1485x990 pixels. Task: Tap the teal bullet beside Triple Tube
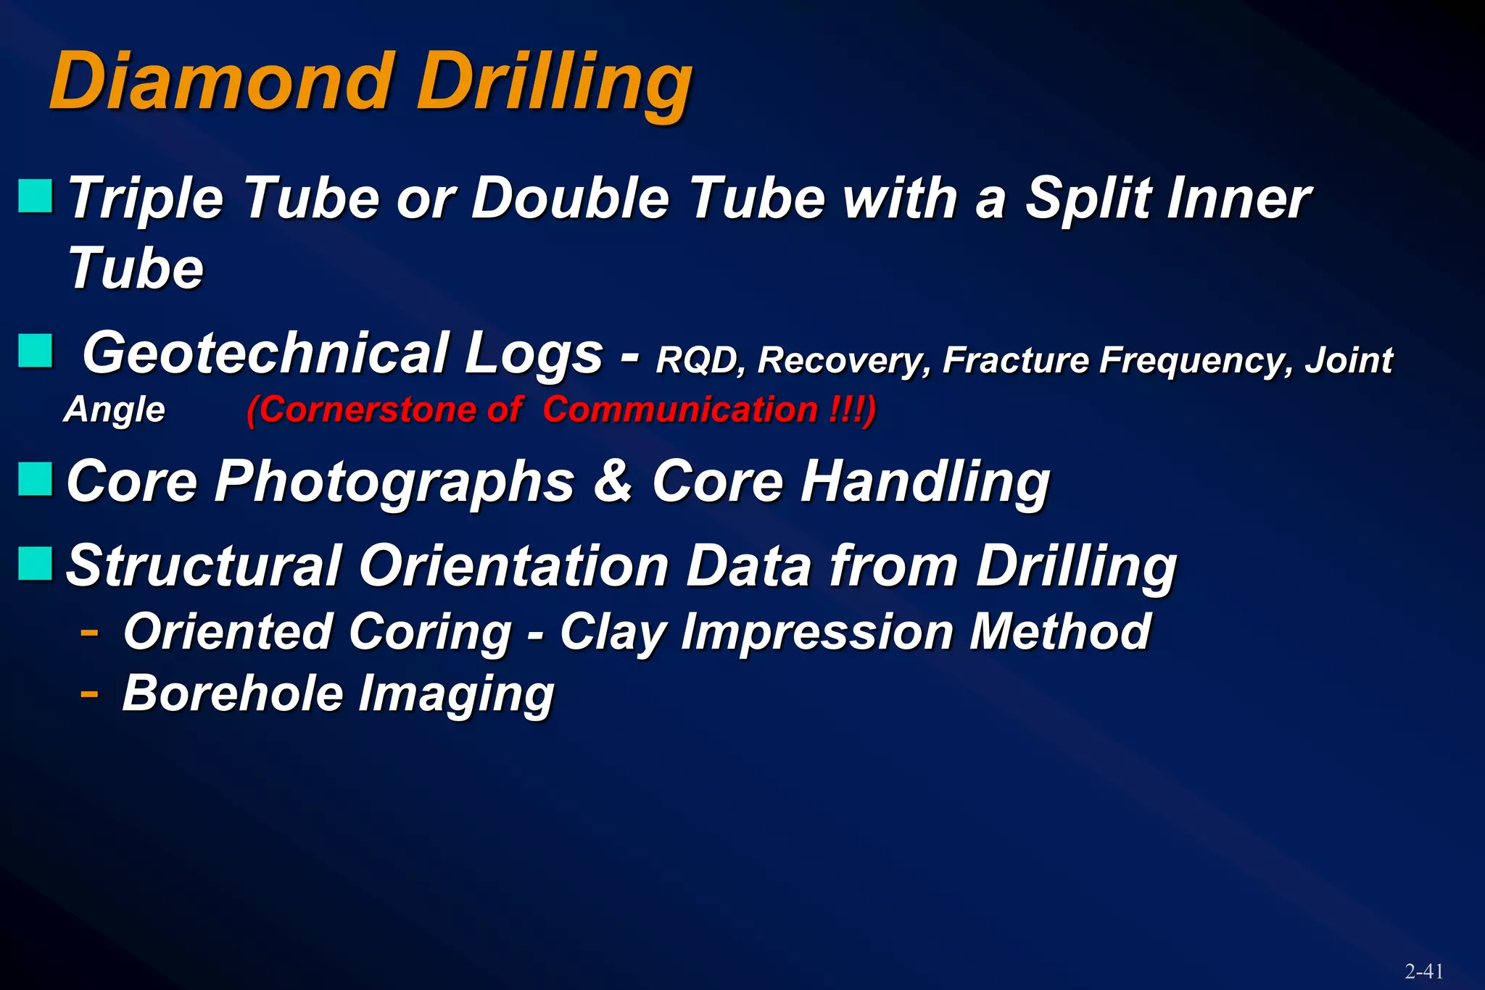coord(36,196)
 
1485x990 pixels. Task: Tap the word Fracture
coord(1015,359)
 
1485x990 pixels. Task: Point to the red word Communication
coord(680,409)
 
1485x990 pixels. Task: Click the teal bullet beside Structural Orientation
coord(36,564)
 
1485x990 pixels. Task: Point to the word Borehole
coord(232,694)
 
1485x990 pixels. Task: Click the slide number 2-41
coord(1423,971)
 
